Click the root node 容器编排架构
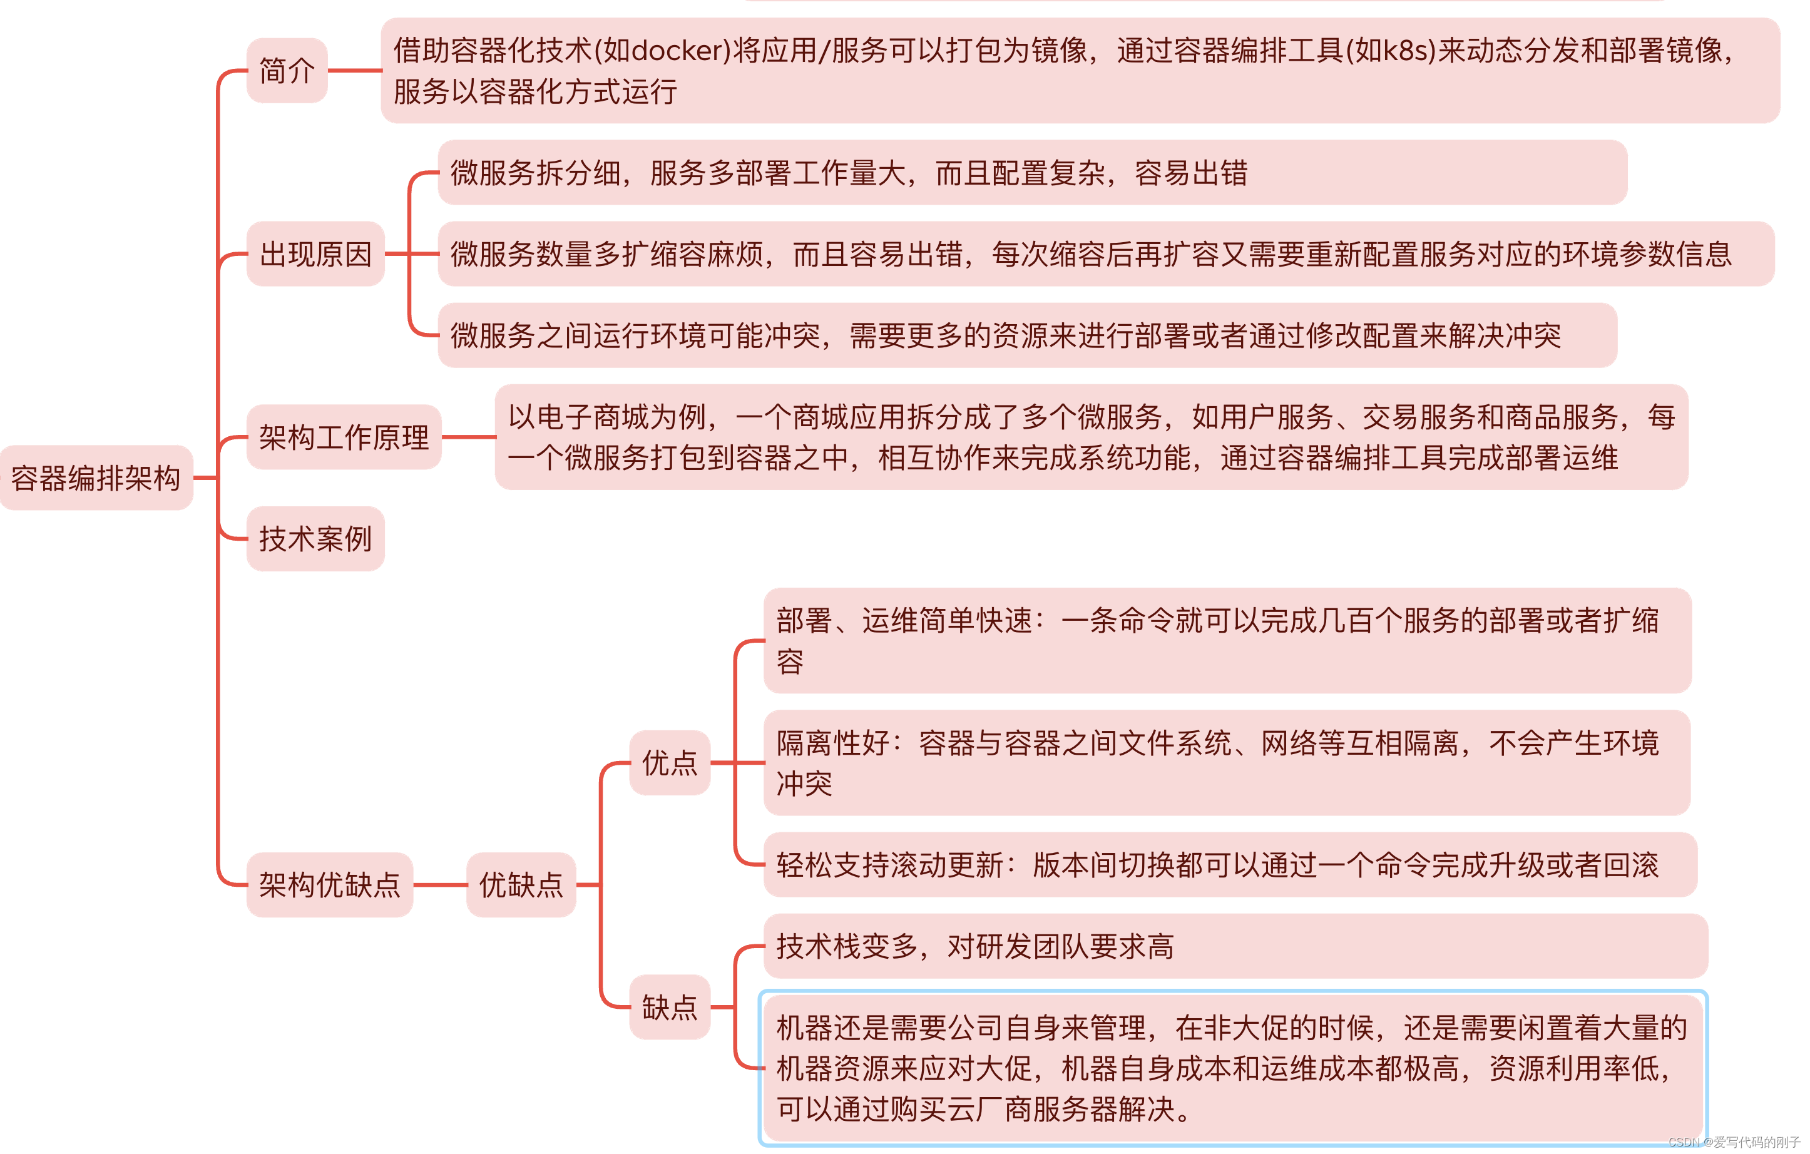tap(96, 478)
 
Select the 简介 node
tap(287, 71)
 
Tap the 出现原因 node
tap(315, 254)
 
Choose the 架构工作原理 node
tap(344, 437)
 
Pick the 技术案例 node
tap(315, 539)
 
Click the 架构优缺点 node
tap(329, 885)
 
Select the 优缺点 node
tap(521, 885)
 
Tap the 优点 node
tap(670, 763)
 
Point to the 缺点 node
tap(670, 1008)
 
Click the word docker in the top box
tap(678, 50)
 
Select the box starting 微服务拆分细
tap(1031, 173)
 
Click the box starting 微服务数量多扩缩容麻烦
tap(1105, 254)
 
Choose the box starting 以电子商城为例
tap(1091, 437)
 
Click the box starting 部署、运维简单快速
tap(1227, 641)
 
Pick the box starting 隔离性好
tap(1227, 763)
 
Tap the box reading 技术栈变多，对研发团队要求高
tap(1235, 946)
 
